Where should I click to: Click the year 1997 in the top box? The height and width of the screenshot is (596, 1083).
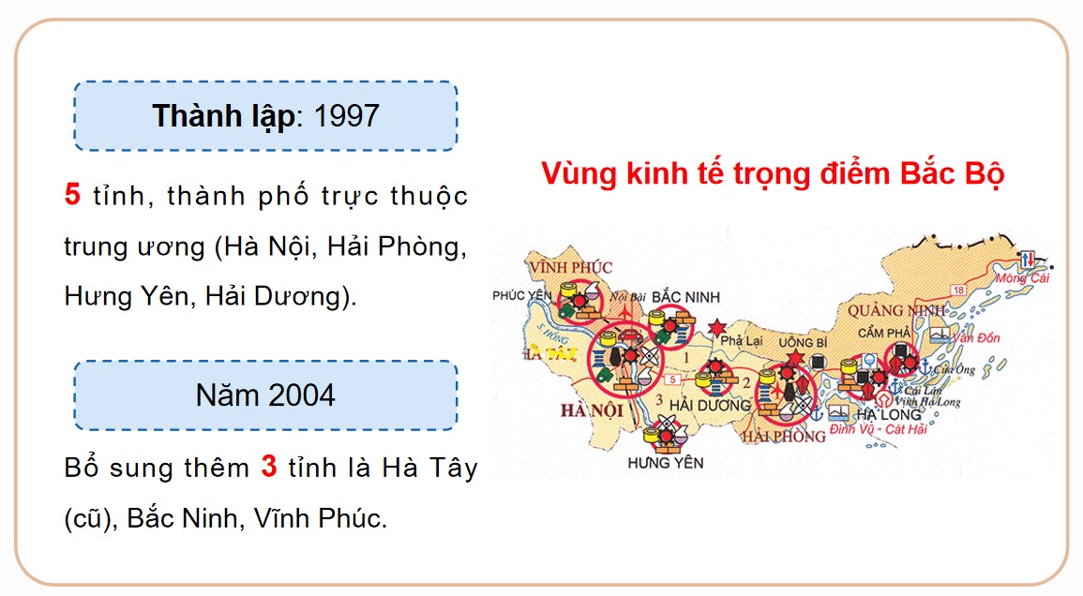click(x=348, y=116)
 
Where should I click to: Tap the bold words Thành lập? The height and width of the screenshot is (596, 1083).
click(x=222, y=116)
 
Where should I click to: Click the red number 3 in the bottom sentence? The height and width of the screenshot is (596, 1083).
click(x=269, y=467)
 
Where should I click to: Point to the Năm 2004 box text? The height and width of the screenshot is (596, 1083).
click(x=265, y=395)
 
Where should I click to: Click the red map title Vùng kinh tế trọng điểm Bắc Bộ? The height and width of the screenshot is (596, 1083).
click(x=772, y=175)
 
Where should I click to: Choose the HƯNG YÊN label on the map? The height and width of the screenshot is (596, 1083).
click(x=666, y=462)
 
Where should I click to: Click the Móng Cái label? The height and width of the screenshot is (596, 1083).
click(x=1023, y=278)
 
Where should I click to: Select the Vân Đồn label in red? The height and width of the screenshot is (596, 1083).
click(x=975, y=338)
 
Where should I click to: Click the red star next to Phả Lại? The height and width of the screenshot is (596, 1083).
click(x=717, y=327)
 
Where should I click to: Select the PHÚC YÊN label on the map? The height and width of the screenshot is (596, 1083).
click(x=523, y=296)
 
